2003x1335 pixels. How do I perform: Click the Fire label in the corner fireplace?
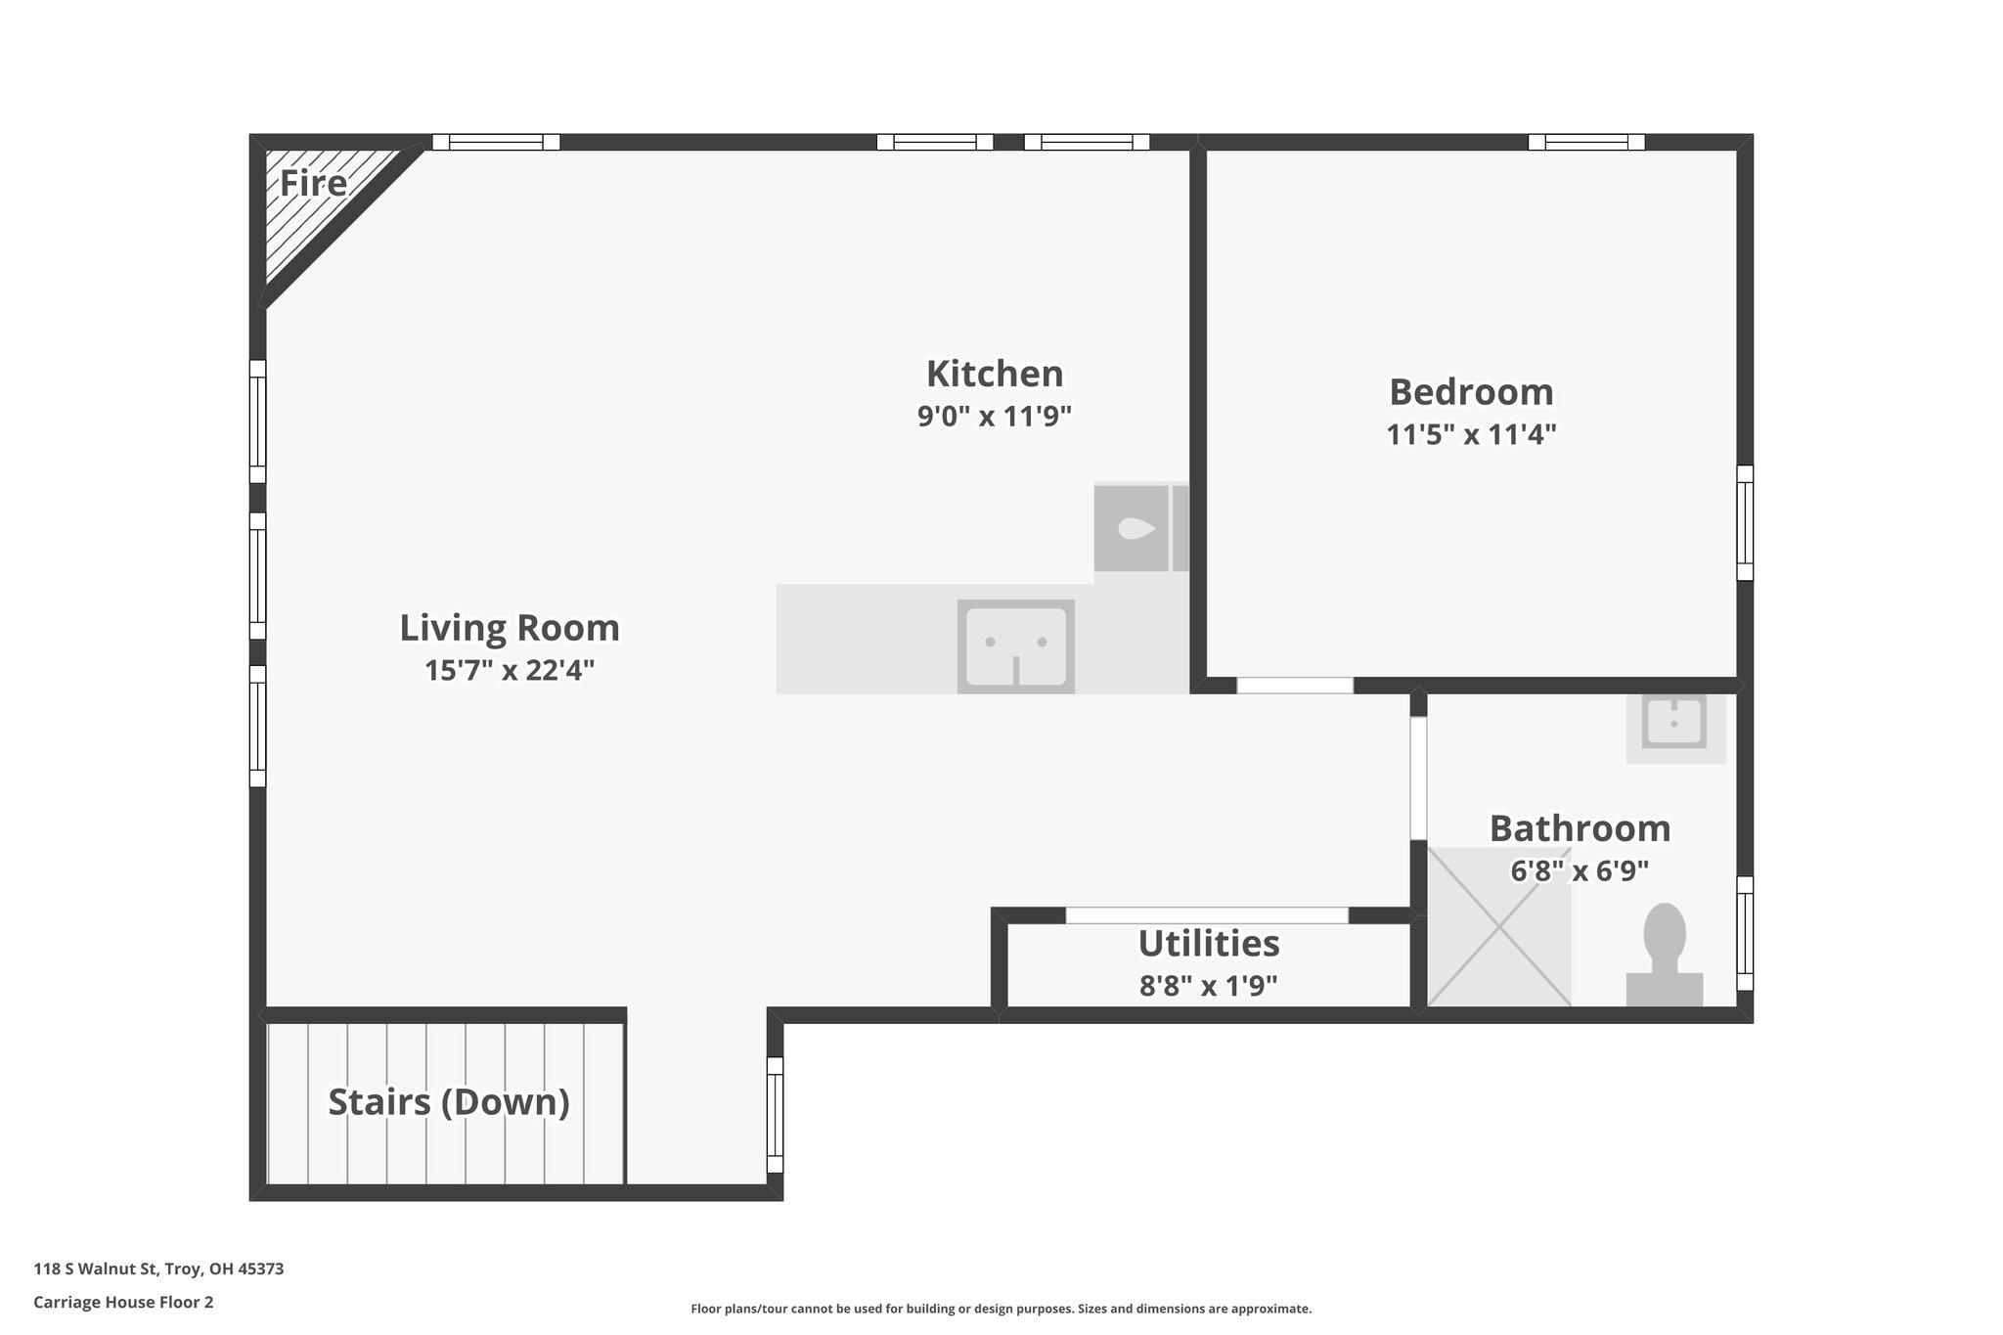point(313,184)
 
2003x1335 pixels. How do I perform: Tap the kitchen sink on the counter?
point(1015,645)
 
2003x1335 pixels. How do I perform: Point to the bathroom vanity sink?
point(1675,726)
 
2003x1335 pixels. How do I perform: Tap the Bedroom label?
point(1471,392)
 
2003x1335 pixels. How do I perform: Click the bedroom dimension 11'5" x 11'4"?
point(1471,434)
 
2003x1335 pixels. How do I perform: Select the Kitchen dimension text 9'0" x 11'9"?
point(994,417)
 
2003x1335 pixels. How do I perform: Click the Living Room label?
point(510,628)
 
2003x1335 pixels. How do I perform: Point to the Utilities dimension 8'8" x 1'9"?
point(1208,986)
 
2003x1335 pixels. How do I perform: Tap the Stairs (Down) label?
point(449,1102)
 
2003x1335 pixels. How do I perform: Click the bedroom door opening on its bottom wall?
point(1295,686)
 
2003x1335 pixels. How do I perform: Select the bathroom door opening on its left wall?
point(1418,779)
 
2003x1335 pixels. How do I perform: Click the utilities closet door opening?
point(1207,915)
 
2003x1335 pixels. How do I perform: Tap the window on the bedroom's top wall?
point(1586,142)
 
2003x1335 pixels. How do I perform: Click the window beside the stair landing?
point(775,1115)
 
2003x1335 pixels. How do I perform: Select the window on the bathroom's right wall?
point(1744,934)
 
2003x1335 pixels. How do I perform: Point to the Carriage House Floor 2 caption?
point(123,1303)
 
